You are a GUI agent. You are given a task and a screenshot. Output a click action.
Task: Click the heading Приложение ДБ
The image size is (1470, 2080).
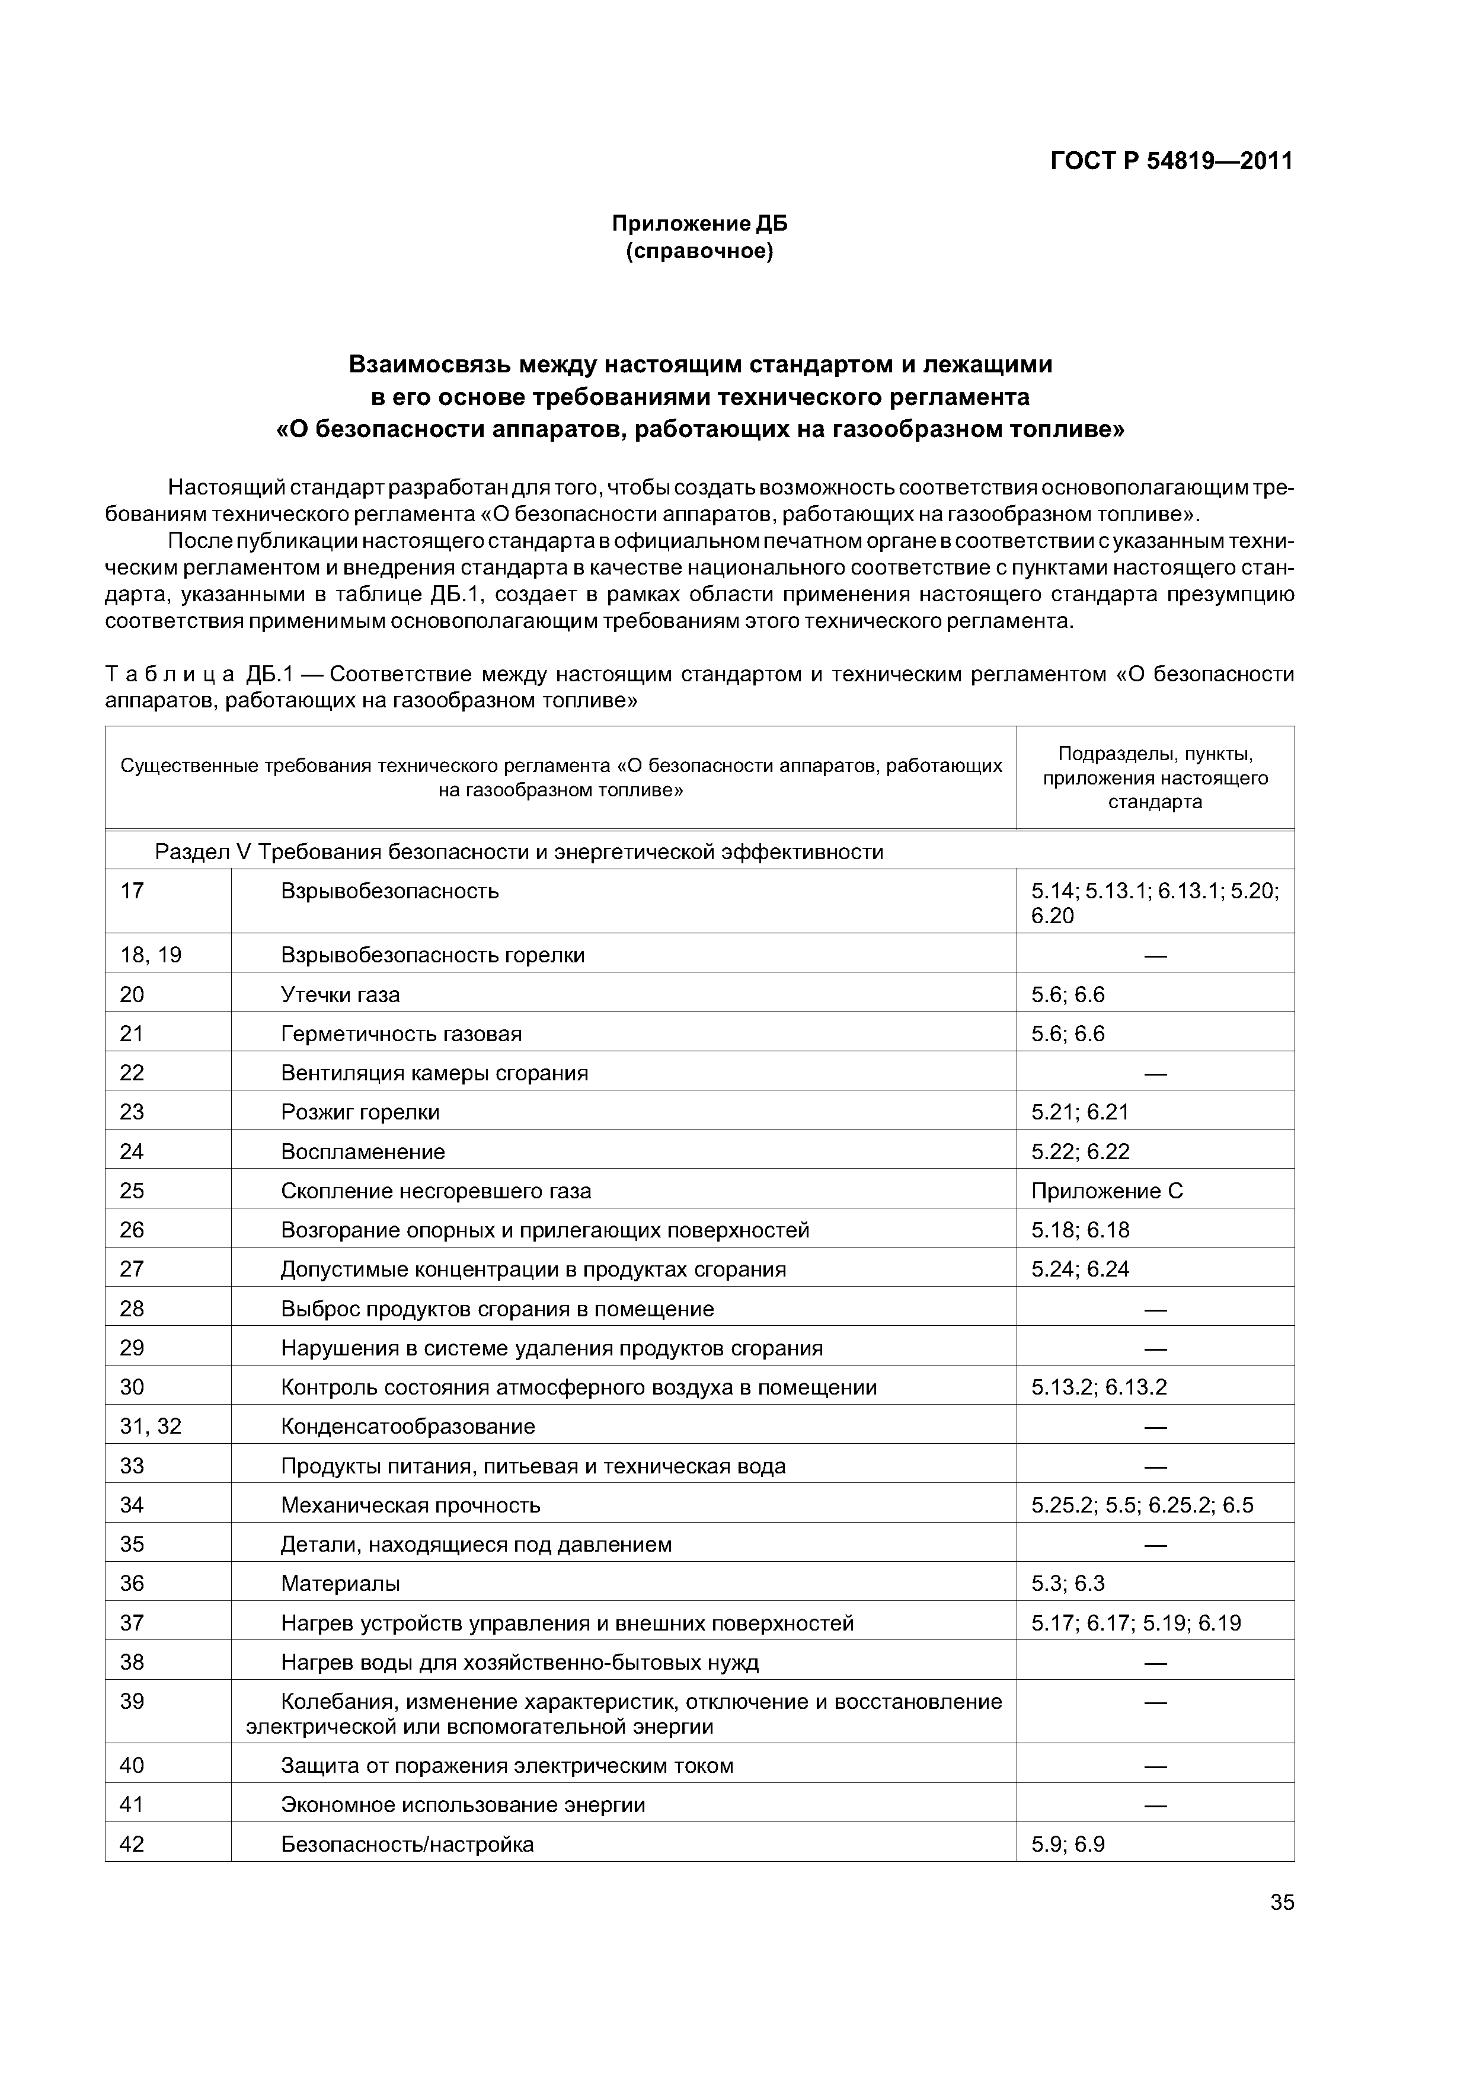699,223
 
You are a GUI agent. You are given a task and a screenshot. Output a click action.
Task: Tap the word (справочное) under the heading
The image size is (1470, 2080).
699,251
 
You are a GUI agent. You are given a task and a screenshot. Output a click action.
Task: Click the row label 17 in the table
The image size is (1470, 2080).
132,891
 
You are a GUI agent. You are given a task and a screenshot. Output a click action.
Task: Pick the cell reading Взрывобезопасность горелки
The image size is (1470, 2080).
433,955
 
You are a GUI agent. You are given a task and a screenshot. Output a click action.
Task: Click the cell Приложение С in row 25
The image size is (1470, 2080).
1106,1191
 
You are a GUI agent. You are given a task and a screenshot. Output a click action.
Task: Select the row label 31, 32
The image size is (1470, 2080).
151,1426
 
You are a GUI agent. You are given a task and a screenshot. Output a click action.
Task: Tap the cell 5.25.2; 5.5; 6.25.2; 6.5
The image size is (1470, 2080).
1141,1505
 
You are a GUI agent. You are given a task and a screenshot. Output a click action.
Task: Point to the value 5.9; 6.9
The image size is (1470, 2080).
1068,1843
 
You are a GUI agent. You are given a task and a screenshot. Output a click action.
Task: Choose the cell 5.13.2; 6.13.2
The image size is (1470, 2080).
1099,1387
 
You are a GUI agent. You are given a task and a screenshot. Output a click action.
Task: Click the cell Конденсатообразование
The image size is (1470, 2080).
408,1426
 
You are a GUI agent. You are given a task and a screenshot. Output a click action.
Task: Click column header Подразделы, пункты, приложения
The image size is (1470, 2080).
1155,777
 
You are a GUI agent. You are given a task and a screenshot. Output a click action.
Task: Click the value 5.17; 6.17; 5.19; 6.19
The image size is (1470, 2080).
1136,1622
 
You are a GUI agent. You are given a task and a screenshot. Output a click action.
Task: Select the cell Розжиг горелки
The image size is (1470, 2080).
360,1112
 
